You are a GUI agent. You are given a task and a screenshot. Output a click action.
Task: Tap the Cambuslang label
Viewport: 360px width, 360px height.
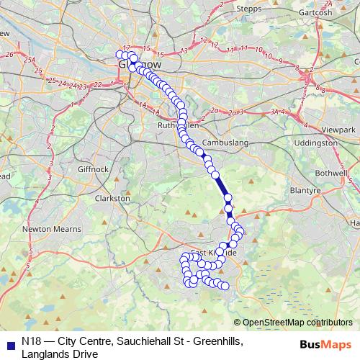pyautogui.click(x=225, y=143)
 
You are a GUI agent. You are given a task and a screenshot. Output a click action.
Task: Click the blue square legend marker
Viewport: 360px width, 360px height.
pyautogui.click(x=9, y=343)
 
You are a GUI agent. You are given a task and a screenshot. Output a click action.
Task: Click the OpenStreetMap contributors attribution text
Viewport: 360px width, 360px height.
pyautogui.click(x=297, y=323)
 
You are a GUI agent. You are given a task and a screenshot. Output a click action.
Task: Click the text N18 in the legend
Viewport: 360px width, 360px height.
pyautogui.click(x=31, y=342)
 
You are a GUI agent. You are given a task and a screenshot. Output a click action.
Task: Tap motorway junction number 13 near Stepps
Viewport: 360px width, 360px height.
pyautogui.click(x=184, y=50)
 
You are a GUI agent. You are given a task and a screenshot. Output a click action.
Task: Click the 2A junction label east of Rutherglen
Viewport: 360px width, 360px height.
pyautogui.click(x=230, y=112)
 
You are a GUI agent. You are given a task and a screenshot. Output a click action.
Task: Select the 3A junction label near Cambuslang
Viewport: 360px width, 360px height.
pyautogui.click(x=274, y=112)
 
